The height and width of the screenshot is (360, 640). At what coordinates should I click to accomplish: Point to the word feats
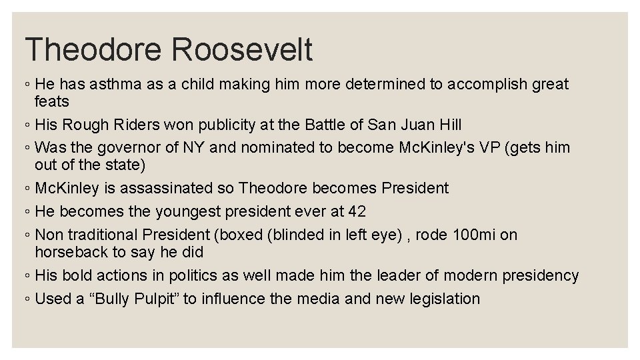(52, 101)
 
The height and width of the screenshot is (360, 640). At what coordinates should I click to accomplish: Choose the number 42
(357, 211)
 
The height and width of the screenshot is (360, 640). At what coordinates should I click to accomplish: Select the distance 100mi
(473, 235)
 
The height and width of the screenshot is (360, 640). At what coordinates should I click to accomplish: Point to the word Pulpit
(153, 299)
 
